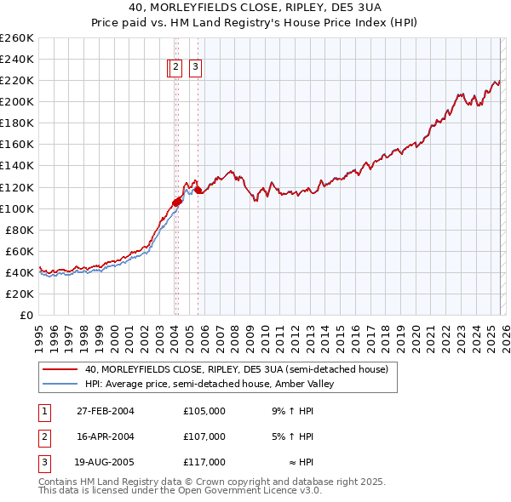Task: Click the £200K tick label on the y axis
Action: [16, 101]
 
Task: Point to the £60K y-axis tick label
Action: [19, 251]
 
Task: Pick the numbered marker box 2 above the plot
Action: [175, 67]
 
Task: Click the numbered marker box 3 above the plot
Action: [195, 67]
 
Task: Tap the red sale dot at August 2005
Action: [198, 191]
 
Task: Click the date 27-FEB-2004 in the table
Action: [106, 411]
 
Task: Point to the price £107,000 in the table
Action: [204, 436]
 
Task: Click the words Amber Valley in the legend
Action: [312, 384]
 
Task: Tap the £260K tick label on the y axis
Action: [16, 37]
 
